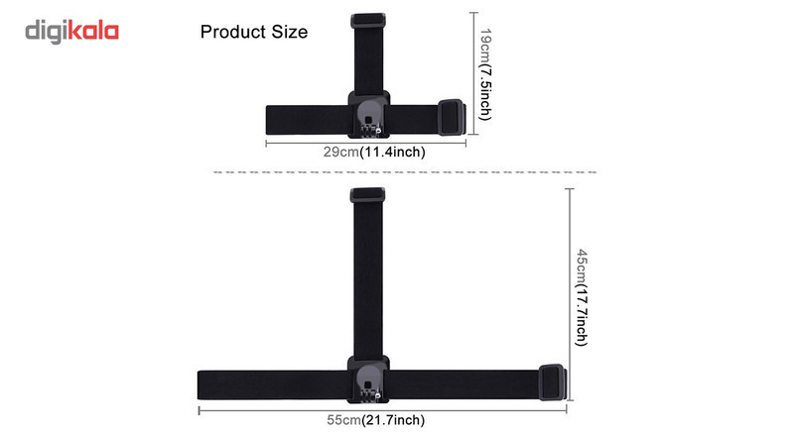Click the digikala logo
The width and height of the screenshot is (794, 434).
pos(71,32)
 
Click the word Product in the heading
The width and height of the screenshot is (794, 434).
pos(233,32)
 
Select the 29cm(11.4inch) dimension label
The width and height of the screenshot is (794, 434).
pos(374,152)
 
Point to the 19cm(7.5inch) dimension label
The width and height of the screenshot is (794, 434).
pos(485,74)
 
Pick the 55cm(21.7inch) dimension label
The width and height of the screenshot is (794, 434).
pos(376,420)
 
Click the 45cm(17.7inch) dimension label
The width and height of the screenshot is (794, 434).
pos(582,297)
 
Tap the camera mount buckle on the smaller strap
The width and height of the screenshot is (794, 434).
pos(368,115)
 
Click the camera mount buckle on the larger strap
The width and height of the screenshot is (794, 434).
pos(368,380)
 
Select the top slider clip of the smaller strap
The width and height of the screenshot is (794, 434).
pos(368,20)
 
